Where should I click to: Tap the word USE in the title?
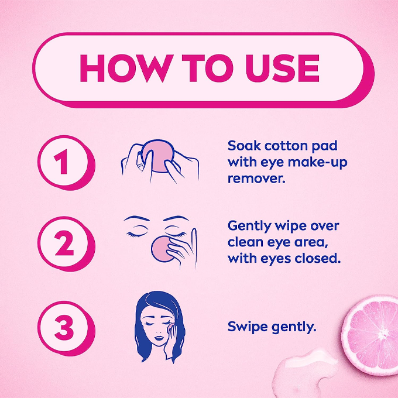click(282, 68)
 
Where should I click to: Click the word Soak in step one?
click(244, 146)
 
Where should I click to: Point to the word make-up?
click(318, 163)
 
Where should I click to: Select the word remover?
click(256, 179)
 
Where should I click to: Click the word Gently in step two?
click(249, 227)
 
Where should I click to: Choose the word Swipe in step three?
click(248, 327)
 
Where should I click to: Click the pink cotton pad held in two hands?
click(158, 155)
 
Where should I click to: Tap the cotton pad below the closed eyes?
click(163, 249)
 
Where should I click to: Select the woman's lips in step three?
click(159, 338)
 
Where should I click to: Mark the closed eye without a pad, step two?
click(137, 234)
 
